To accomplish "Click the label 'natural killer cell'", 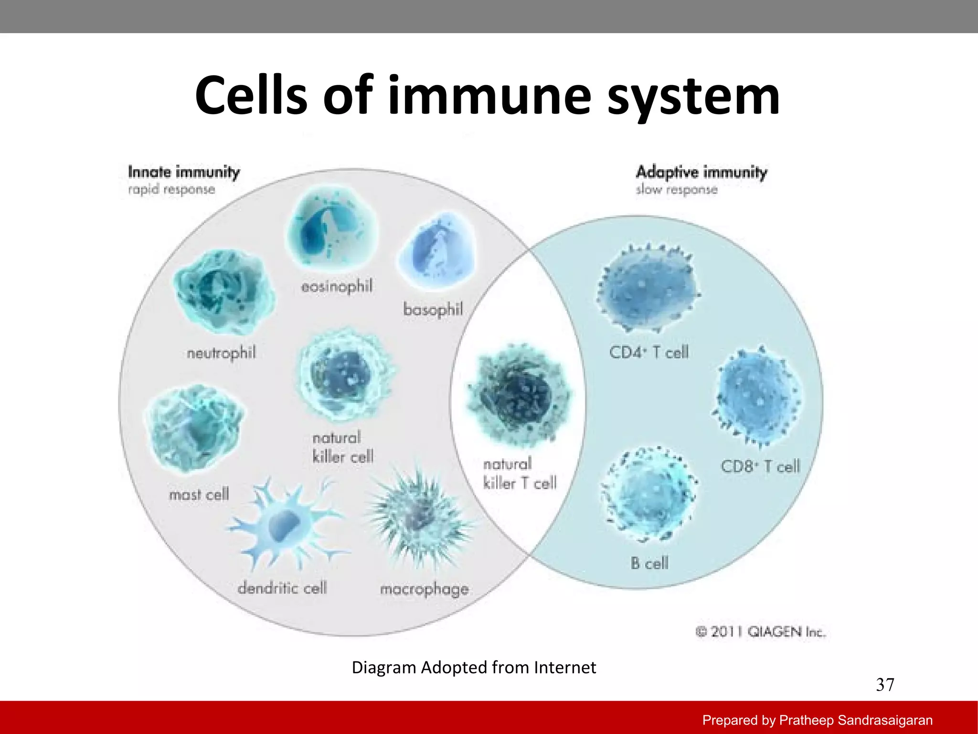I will click(342, 447).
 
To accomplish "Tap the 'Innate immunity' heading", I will click(184, 172).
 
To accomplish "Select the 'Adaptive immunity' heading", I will click(701, 172).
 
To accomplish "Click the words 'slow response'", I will click(676, 190).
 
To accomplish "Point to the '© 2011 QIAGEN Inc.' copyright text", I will click(760, 632).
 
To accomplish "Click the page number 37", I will click(884, 685).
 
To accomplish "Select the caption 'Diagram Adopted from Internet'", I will click(474, 667).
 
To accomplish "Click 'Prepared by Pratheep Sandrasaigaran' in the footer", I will click(817, 720).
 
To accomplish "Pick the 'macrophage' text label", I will click(424, 589).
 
